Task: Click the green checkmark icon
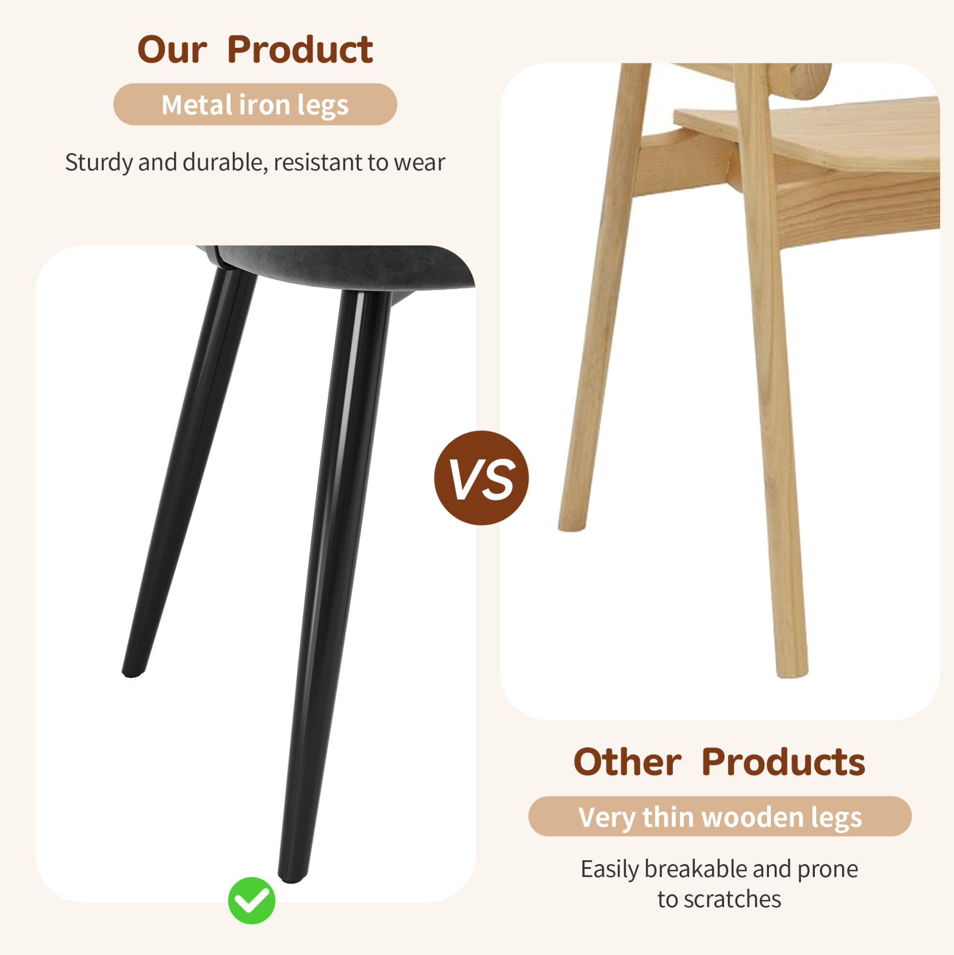point(251,901)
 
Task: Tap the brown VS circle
point(481,478)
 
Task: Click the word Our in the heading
point(172,50)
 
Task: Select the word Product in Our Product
point(300,49)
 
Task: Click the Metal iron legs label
point(255,104)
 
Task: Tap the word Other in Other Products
point(627,762)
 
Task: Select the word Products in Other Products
point(783,762)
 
